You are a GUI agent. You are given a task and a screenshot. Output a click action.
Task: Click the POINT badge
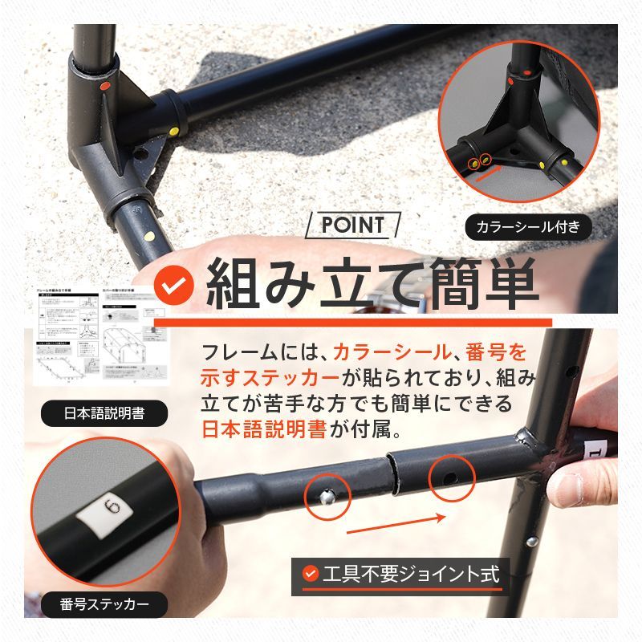[x=352, y=226]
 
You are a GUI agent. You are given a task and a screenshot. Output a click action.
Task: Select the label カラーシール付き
[x=528, y=227]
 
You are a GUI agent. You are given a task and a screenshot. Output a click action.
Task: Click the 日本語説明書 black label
[x=104, y=415]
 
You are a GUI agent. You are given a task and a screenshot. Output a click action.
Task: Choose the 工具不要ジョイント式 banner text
[x=410, y=575]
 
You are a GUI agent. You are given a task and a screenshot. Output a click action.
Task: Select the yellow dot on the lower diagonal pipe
[x=150, y=236]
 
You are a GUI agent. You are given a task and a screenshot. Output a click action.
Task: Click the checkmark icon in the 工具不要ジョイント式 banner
[x=311, y=575]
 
